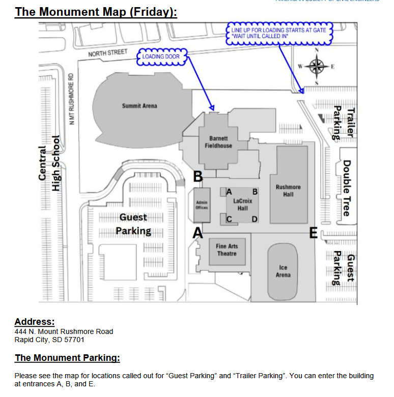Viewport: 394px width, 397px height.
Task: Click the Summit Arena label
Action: click(139, 106)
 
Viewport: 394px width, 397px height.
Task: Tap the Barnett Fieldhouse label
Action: click(218, 142)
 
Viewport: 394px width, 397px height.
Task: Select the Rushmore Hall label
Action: click(288, 191)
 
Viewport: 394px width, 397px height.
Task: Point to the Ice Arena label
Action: click(283, 271)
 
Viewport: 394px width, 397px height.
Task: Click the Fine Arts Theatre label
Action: click(227, 250)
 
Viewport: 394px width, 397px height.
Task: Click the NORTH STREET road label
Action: click(107, 53)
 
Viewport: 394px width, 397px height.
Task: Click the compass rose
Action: click(316, 66)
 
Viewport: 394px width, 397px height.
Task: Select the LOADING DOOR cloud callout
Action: click(161, 56)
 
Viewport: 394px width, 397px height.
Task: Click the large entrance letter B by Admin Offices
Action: click(198, 177)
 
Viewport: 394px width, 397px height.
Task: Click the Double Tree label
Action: click(346, 188)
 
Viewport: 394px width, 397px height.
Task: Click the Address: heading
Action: click(34, 322)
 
